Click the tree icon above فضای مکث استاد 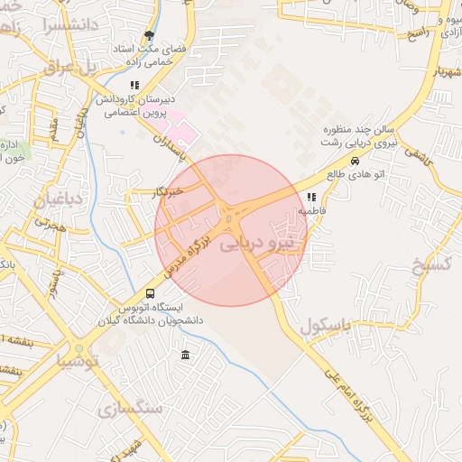pos(148,35)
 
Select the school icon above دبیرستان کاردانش pos(134,86)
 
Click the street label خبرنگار pos(168,190)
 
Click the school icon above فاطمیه pos(311,197)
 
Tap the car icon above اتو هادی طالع pos(355,161)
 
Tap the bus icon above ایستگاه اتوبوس pos(150,293)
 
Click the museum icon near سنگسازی pos(185,353)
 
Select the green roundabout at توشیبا pos(79,349)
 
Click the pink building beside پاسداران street pos(183,133)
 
